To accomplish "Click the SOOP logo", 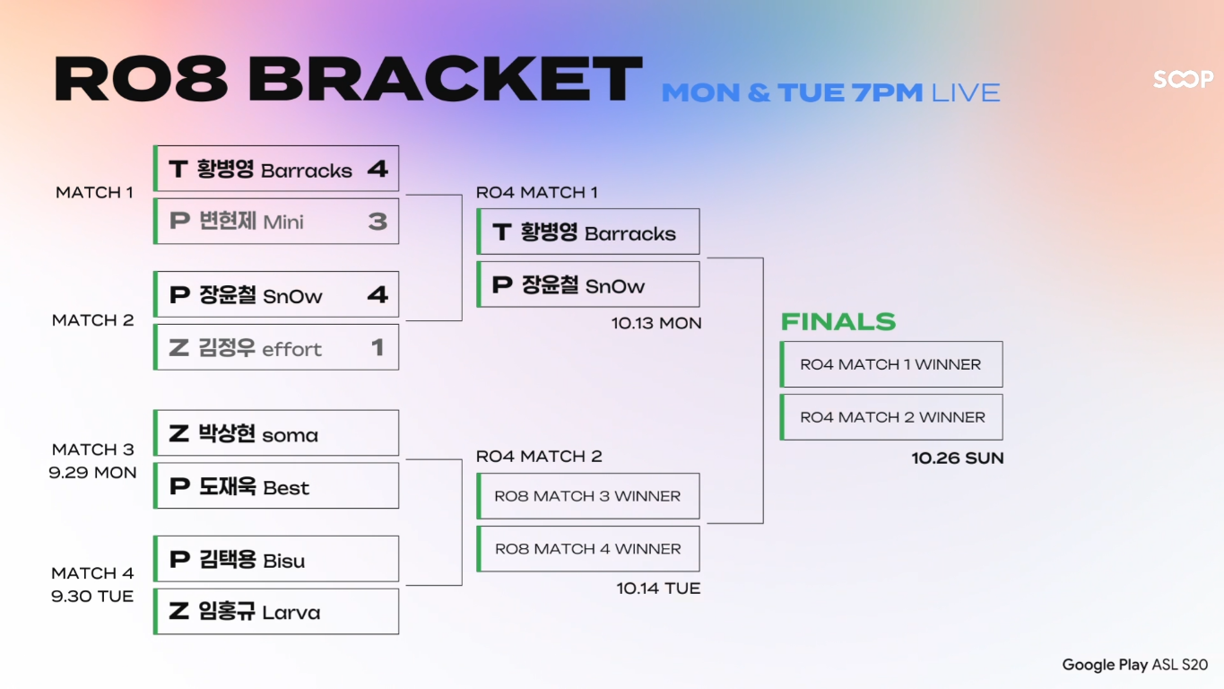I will tap(1183, 80).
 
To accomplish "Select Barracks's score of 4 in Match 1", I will tap(378, 169).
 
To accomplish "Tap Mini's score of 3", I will tap(378, 222).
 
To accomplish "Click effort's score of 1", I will tap(378, 347).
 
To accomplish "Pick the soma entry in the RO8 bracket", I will tap(276, 434).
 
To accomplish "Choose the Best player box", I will tap(276, 486).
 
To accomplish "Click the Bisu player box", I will tap(276, 560).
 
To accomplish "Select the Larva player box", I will tap(276, 612).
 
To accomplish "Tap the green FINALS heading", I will tap(838, 322).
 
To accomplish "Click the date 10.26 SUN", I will tap(958, 458).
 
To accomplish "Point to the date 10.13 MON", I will tap(656, 323).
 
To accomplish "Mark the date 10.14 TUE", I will tap(658, 589).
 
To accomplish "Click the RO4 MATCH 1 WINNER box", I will tap(891, 364).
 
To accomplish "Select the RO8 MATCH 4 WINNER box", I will tap(588, 549).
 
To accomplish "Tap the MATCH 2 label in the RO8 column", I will tap(92, 320).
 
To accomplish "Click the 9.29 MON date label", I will tap(92, 473).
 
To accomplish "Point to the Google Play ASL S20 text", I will tap(1134, 665).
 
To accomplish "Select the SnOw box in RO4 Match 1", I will tap(588, 285).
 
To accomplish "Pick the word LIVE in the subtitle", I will tap(966, 92).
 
